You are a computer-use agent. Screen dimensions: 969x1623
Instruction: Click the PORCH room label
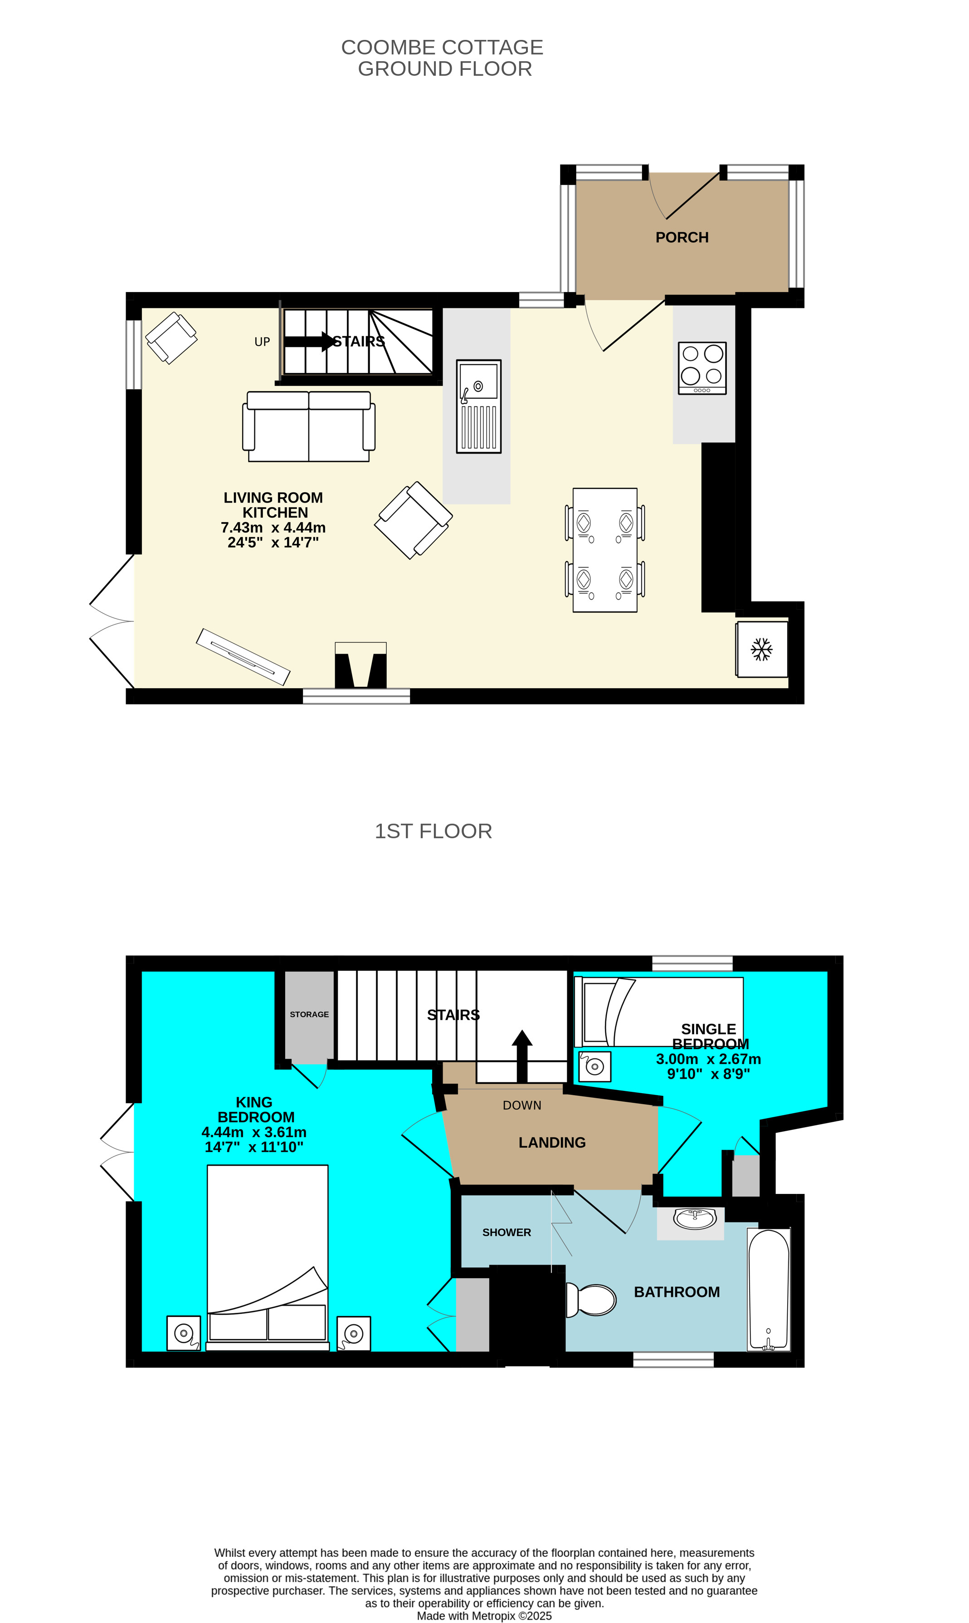682,237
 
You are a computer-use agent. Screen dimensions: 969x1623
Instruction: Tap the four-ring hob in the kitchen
702,368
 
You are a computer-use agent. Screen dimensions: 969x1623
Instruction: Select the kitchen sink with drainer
479,406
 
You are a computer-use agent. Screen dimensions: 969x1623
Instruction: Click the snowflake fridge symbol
761,649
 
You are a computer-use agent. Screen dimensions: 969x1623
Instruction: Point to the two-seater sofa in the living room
309,426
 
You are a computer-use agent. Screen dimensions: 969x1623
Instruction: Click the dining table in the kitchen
604,550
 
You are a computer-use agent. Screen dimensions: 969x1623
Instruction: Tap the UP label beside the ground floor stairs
262,342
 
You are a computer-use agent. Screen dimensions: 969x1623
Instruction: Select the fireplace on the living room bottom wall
360,665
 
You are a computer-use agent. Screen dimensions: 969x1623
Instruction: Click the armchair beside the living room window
171,337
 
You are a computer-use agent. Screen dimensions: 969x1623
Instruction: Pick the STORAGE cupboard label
310,1014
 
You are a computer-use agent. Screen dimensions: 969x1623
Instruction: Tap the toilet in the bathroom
591,1299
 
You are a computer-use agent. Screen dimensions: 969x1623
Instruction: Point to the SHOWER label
506,1232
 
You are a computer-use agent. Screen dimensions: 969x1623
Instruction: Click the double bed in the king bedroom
268,1258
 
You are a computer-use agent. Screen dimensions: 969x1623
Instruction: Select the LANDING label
552,1142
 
